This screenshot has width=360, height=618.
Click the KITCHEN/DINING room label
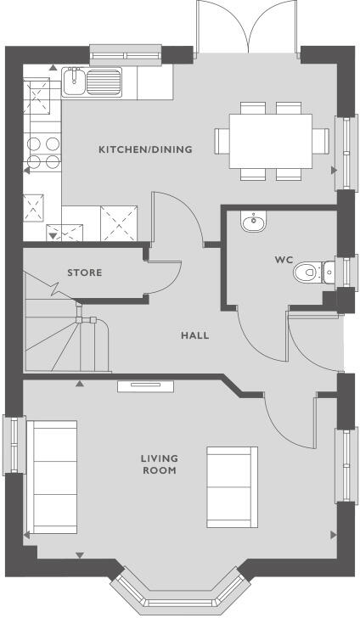(x=145, y=149)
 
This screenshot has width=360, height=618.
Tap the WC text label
(x=283, y=258)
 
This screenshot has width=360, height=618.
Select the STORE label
(x=84, y=272)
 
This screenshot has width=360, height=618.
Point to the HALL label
(x=194, y=335)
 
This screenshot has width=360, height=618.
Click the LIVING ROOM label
(x=159, y=464)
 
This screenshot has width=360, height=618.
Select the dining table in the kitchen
(x=271, y=140)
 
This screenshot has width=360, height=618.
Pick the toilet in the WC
(x=311, y=272)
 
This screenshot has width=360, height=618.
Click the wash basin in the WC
(x=252, y=223)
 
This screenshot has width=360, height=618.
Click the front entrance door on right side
(x=314, y=344)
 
